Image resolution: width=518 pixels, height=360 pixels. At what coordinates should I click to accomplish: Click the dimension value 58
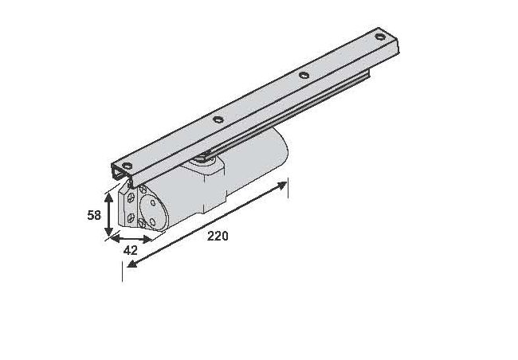click(93, 214)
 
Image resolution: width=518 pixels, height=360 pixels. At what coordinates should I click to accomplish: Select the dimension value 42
click(131, 250)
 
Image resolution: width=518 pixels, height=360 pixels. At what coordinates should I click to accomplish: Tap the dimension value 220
click(218, 236)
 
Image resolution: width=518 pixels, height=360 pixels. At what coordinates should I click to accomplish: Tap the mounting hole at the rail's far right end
click(380, 37)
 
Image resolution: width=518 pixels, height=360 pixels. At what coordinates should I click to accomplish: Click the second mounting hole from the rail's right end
click(303, 76)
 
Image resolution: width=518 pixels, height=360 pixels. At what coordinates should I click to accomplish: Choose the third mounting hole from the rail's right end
click(217, 119)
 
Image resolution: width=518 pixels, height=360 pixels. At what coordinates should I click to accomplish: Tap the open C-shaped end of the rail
click(120, 174)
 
